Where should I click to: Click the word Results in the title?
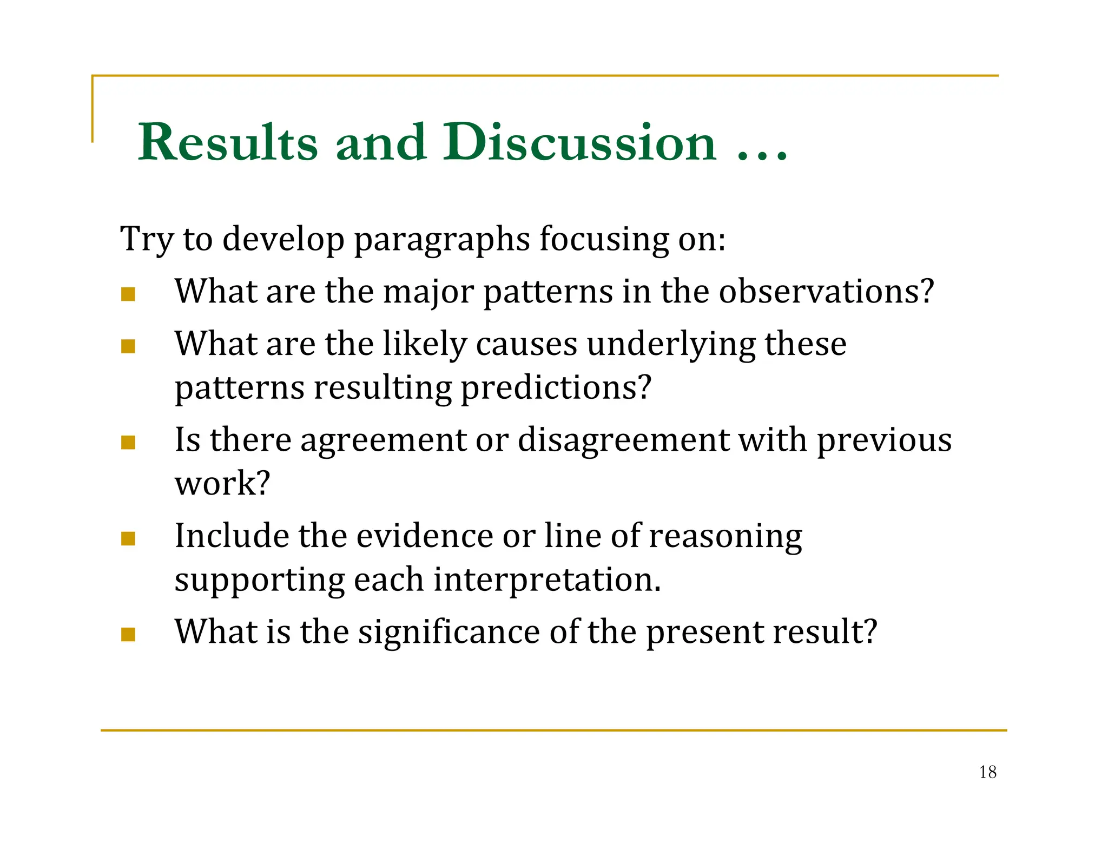tap(228, 142)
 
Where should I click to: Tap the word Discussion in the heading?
tap(579, 142)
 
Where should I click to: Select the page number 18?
tap(987, 772)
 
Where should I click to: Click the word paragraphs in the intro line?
tap(441, 239)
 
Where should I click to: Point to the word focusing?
tap(603, 239)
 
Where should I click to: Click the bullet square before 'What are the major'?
tap(128, 294)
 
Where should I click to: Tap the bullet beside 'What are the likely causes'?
tap(128, 346)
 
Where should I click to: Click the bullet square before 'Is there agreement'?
tap(128, 443)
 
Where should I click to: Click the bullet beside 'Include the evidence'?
tap(128, 538)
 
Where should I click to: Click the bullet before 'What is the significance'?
tap(128, 634)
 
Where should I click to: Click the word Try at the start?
tap(146, 239)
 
